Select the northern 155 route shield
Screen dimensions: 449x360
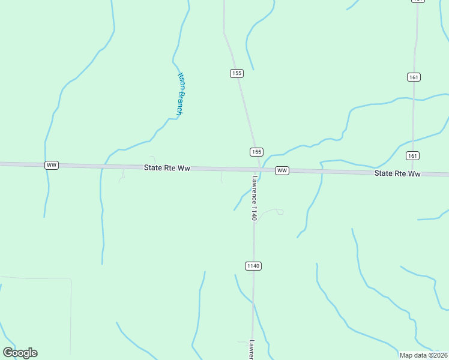237,73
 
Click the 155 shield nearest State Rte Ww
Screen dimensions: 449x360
256,152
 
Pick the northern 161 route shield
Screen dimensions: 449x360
413,77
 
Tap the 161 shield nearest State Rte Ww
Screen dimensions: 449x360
412,155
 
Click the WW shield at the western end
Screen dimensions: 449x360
52,165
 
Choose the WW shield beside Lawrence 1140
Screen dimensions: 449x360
282,171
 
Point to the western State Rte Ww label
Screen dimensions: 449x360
167,169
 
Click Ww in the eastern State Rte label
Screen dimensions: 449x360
414,173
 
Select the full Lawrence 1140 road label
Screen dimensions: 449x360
255,198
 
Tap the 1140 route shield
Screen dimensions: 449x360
253,265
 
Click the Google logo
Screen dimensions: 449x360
20,353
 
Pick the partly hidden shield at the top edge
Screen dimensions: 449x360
418,1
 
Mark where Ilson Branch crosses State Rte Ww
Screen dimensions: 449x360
102,166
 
